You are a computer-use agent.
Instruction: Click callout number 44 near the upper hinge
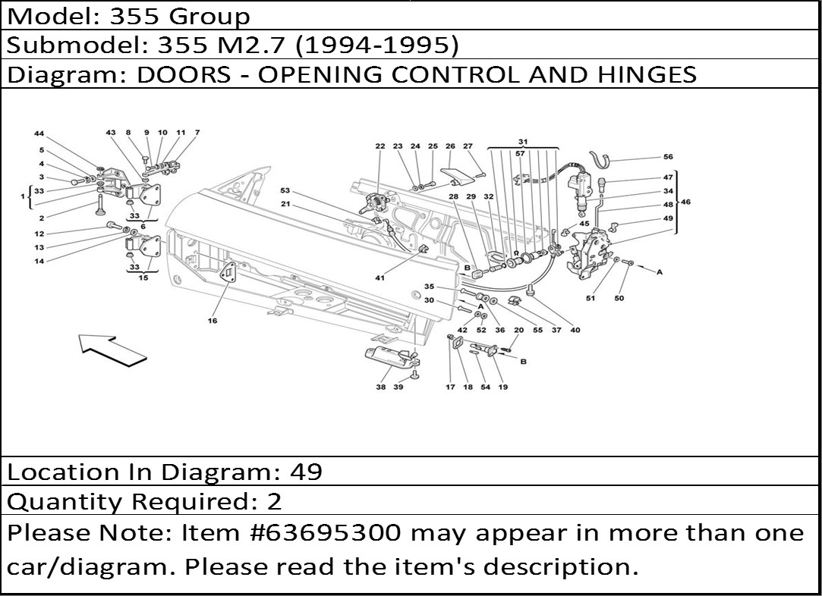pyautogui.click(x=39, y=133)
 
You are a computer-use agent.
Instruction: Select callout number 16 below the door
pyautogui.click(x=212, y=321)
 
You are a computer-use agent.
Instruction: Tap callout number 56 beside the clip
pyautogui.click(x=668, y=157)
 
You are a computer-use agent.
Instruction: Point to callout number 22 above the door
pyautogui.click(x=380, y=146)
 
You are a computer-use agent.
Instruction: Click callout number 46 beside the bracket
pyautogui.click(x=685, y=202)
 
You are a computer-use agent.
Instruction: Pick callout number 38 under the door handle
pyautogui.click(x=380, y=387)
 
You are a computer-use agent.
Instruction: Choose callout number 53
pyautogui.click(x=285, y=190)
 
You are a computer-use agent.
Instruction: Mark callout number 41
pyautogui.click(x=380, y=278)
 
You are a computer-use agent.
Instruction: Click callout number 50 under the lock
pyautogui.click(x=619, y=298)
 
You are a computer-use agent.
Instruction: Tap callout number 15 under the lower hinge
pyautogui.click(x=143, y=278)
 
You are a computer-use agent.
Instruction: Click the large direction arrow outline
pyautogui.click(x=112, y=351)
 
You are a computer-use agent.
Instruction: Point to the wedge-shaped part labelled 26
pyautogui.click(x=457, y=175)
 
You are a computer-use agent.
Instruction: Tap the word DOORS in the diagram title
pyautogui.click(x=184, y=74)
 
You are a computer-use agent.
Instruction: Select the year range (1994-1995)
pyautogui.click(x=377, y=45)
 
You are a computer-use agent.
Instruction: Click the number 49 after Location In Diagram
pyautogui.click(x=306, y=472)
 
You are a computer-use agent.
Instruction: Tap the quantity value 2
pyautogui.click(x=275, y=501)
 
